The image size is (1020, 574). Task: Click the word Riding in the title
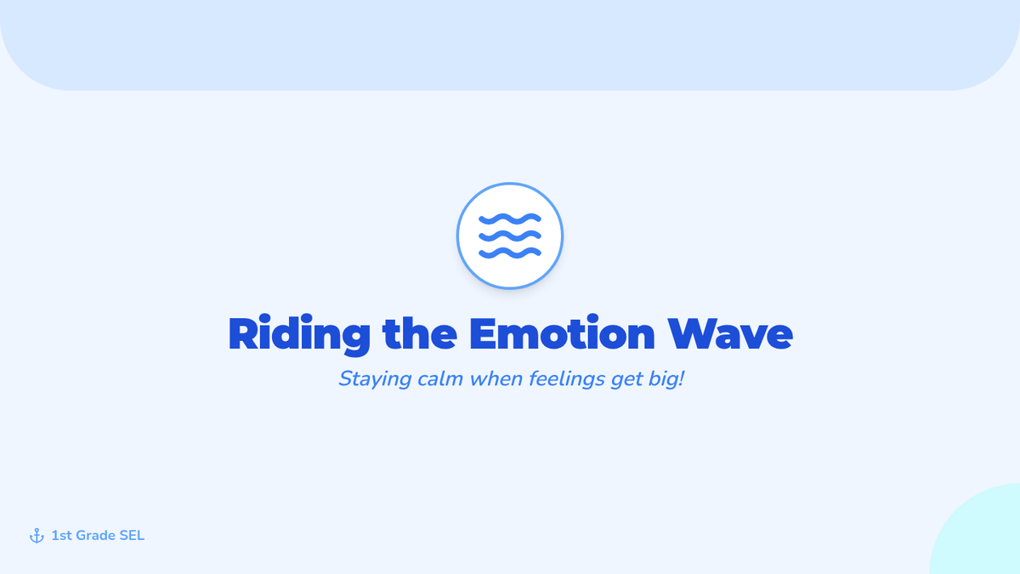(x=299, y=334)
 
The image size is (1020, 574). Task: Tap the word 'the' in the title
(x=420, y=332)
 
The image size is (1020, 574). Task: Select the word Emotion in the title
(x=562, y=332)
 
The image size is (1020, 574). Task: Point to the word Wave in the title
(x=730, y=333)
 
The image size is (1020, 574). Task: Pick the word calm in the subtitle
(x=440, y=378)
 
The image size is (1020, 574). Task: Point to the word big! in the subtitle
(x=666, y=379)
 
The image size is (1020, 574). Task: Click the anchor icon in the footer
(x=37, y=536)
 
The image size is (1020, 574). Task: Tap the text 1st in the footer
(x=61, y=536)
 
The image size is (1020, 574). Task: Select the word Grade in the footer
(x=95, y=536)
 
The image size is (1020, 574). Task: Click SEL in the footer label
(x=132, y=536)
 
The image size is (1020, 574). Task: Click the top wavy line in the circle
(x=510, y=219)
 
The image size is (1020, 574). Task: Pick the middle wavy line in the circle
(x=510, y=236)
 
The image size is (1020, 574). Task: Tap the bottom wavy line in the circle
(x=510, y=253)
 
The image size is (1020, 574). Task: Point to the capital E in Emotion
(x=486, y=333)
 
